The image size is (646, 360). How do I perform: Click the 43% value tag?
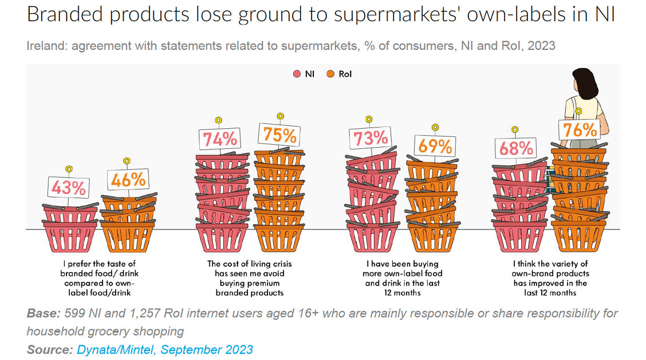pyautogui.click(x=69, y=187)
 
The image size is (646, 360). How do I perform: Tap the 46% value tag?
pyautogui.click(x=128, y=179)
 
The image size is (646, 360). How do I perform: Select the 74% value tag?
pyautogui.click(x=219, y=139)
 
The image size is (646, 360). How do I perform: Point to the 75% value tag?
pyautogui.click(x=280, y=135)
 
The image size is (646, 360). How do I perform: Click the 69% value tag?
pyautogui.click(x=435, y=145)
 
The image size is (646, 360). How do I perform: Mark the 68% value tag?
pyautogui.click(x=515, y=148)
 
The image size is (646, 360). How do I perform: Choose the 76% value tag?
pyautogui.click(x=579, y=130)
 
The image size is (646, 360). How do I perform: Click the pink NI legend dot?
pyautogui.click(x=297, y=74)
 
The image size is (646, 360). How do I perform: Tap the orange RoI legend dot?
pyautogui.click(x=330, y=74)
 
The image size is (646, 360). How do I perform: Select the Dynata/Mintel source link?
pyautogui.click(x=165, y=349)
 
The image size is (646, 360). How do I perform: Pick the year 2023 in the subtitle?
pyautogui.click(x=542, y=45)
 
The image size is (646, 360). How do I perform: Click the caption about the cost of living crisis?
pyautogui.click(x=250, y=278)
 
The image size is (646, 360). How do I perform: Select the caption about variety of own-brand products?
pyautogui.click(x=550, y=278)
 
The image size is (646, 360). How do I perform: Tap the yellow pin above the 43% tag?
pyautogui.click(x=69, y=169)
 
